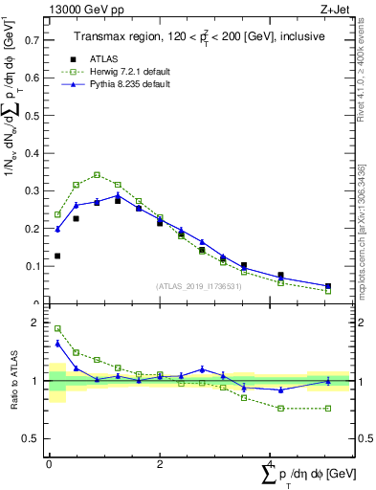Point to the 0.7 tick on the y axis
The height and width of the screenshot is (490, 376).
33,41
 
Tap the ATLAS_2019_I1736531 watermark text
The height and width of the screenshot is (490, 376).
199,286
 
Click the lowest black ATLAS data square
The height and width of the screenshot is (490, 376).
57,256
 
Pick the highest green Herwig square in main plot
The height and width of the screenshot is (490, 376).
98,174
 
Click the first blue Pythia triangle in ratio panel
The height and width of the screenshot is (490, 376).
57,343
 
